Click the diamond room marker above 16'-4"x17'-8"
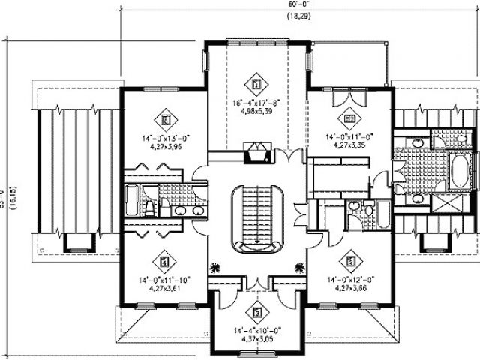pyautogui.click(x=256, y=83)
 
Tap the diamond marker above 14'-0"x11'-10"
pyautogui.click(x=164, y=262)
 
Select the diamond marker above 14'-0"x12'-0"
pyautogui.click(x=349, y=262)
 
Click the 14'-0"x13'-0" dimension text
pyautogui.click(x=165, y=138)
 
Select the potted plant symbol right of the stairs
pyautogui.click(x=300, y=265)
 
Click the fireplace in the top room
pyautogui.click(x=256, y=150)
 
